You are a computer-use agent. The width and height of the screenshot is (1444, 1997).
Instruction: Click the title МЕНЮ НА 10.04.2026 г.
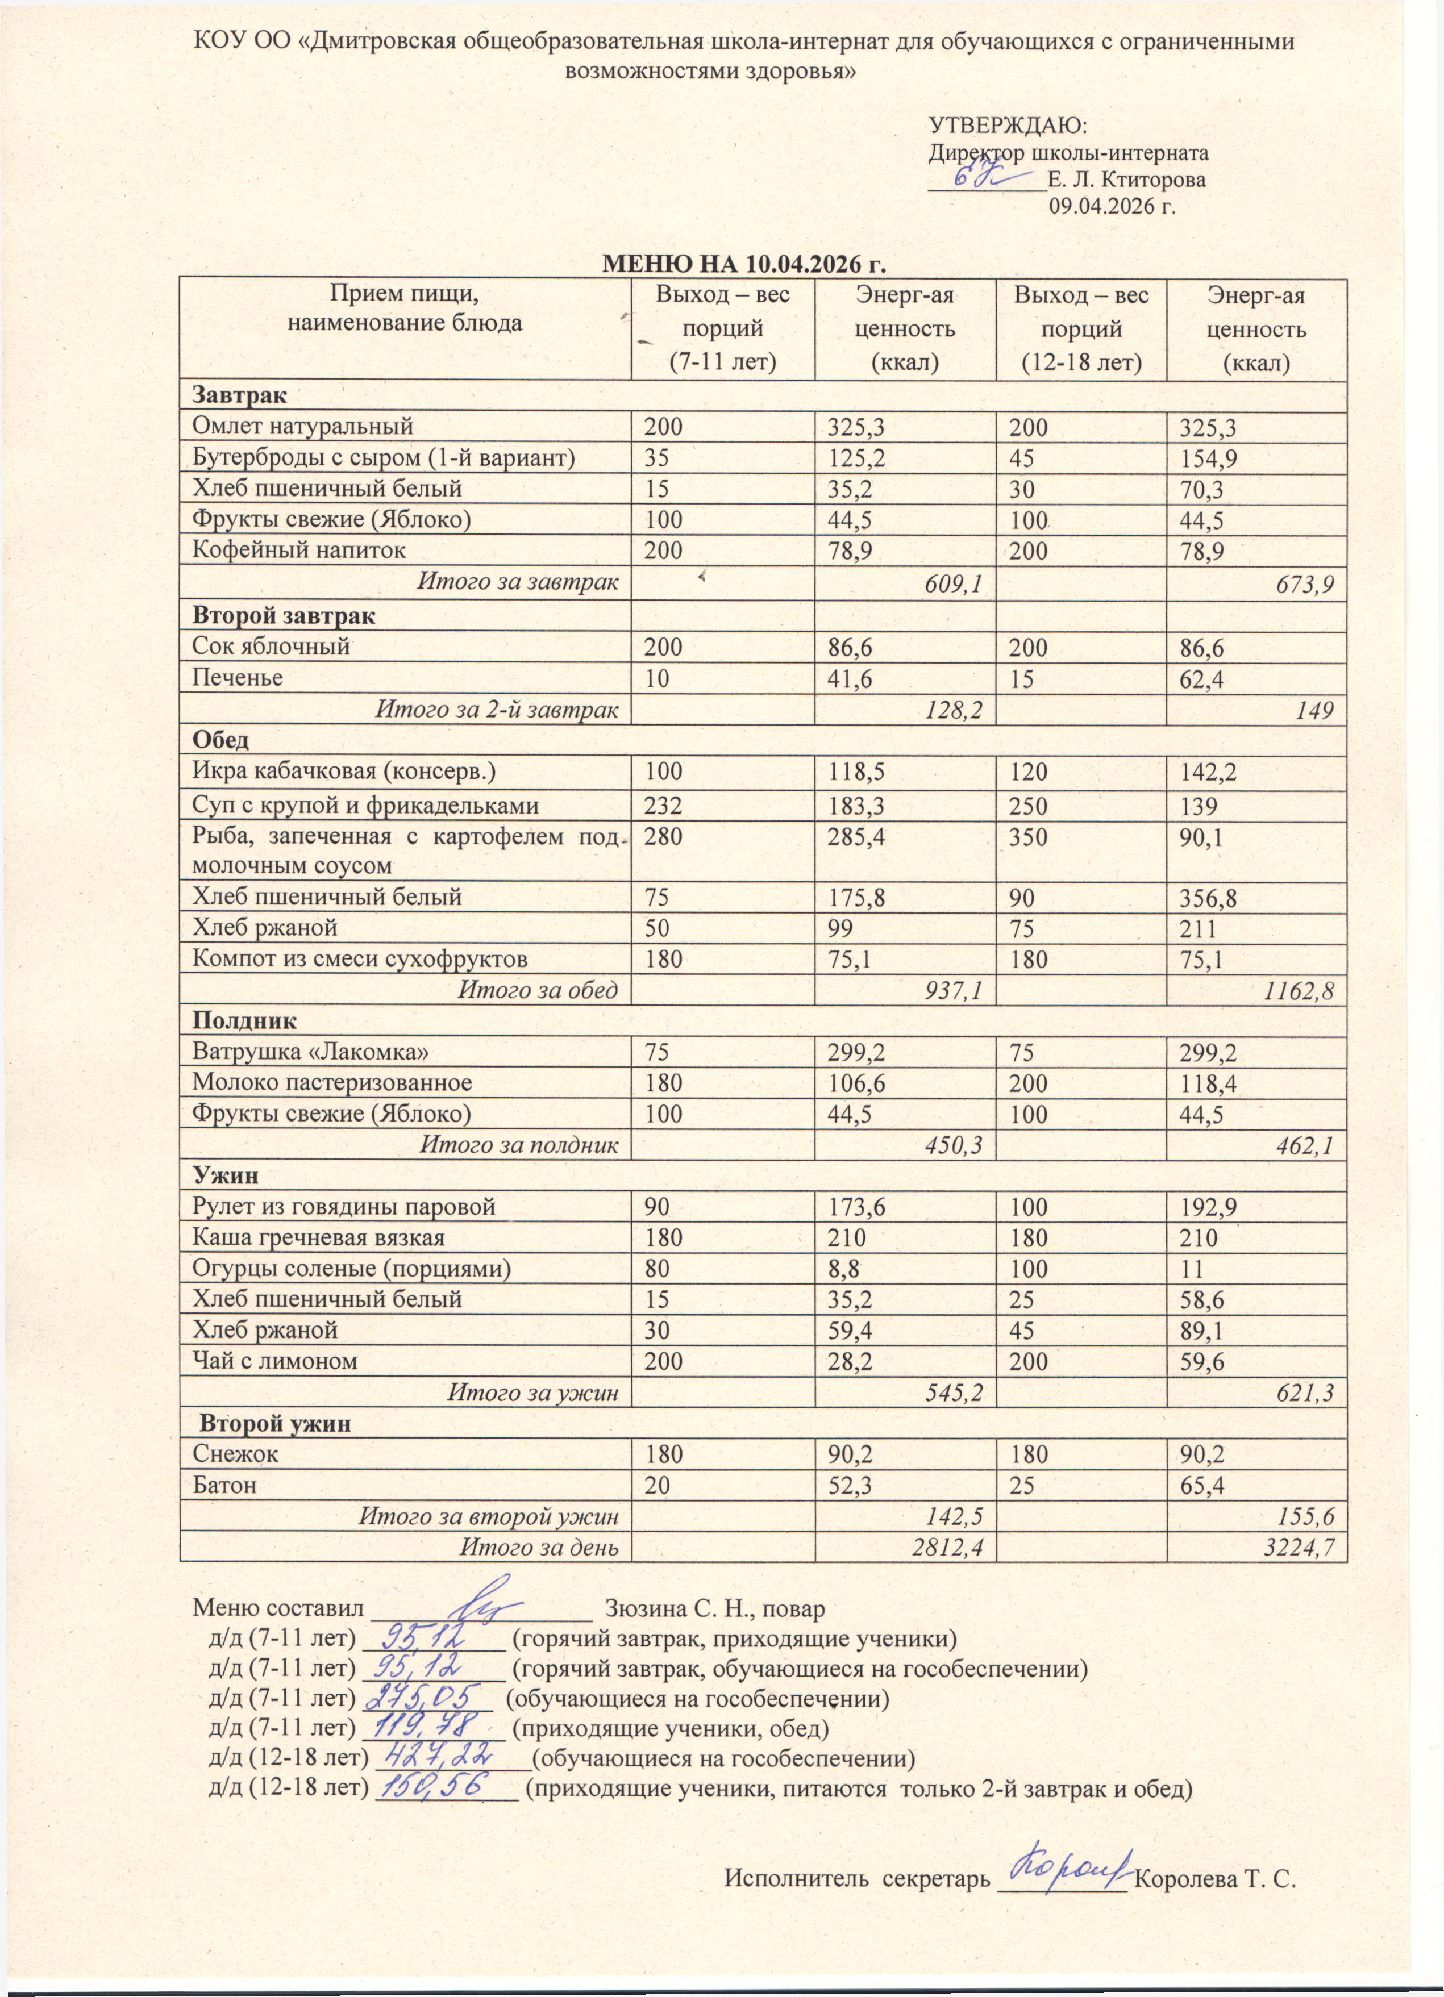click(742, 264)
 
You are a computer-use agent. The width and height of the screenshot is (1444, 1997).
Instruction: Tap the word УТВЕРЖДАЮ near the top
click(1009, 124)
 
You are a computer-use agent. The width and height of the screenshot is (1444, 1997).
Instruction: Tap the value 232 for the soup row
click(663, 806)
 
